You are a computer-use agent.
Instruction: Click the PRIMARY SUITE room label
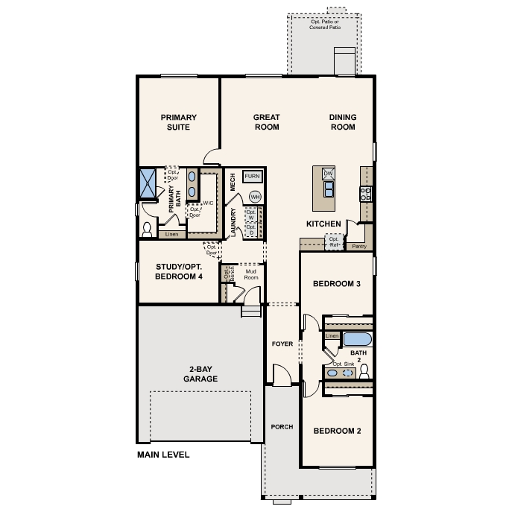[x=179, y=122]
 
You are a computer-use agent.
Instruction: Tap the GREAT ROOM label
[x=266, y=122]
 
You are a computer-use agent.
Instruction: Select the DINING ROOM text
[x=343, y=122]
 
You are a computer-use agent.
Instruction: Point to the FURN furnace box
[x=251, y=177]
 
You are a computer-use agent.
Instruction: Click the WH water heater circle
[x=255, y=196]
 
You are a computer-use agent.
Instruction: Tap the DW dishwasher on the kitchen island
[x=328, y=174]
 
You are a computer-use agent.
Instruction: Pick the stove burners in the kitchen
[x=366, y=194]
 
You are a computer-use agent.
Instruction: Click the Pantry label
[x=359, y=246]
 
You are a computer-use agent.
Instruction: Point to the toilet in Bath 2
[x=364, y=370]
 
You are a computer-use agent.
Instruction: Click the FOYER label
[x=282, y=344]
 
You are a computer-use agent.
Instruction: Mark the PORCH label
[x=282, y=427]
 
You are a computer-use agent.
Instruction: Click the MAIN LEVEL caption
[x=163, y=455]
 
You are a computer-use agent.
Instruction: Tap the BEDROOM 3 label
[x=337, y=284]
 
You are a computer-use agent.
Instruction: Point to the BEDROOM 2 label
[x=337, y=431]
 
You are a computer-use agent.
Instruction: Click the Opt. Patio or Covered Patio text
[x=326, y=25]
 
